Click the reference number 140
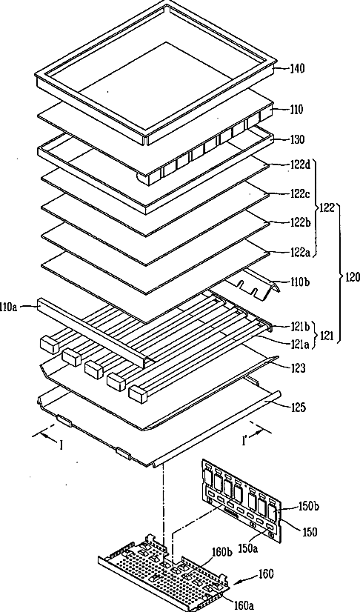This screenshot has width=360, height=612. (x=297, y=69)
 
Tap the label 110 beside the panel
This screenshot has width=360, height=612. (x=296, y=110)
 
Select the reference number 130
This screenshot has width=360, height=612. (x=297, y=139)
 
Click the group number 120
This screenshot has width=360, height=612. (x=352, y=278)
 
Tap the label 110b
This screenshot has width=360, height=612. (x=299, y=282)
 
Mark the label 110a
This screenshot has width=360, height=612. (x=10, y=307)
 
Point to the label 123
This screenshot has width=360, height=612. (x=298, y=368)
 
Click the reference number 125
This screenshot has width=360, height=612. (x=298, y=408)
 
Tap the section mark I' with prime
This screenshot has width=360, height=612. (x=245, y=442)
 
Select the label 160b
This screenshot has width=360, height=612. (x=221, y=552)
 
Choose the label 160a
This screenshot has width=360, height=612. (x=244, y=605)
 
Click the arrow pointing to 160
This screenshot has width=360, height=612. (x=245, y=579)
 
